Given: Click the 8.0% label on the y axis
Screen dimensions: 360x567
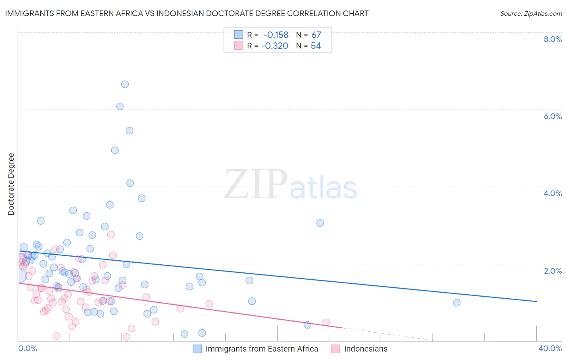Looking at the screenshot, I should (x=552, y=39).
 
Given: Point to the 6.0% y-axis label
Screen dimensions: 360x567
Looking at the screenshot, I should (x=552, y=116).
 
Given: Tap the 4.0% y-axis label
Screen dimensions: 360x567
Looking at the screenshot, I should (x=552, y=193).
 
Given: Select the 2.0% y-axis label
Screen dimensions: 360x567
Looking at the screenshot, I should (x=552, y=271).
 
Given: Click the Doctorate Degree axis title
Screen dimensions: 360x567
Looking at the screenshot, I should (x=11, y=184).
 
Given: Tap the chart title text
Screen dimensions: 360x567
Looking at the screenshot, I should (x=187, y=13).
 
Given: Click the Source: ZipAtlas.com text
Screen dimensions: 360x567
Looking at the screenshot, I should (x=531, y=14).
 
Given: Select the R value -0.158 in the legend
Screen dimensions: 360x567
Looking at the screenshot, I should (x=276, y=35).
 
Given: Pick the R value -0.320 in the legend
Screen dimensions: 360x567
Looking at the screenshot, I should (x=275, y=46).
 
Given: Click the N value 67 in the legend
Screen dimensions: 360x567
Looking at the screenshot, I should (x=316, y=35).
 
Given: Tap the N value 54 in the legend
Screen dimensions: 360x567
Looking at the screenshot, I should (x=316, y=46).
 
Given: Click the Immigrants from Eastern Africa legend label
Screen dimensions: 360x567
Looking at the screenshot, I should (x=262, y=349).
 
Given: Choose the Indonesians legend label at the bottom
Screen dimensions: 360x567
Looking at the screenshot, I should (x=365, y=349).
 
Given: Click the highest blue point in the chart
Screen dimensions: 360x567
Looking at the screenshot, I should (x=125, y=84).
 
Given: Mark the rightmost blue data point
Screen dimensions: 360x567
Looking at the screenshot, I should (x=457, y=303).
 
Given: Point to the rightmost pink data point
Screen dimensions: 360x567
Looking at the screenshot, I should (x=326, y=322).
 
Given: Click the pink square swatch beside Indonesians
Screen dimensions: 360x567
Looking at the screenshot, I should (x=335, y=349).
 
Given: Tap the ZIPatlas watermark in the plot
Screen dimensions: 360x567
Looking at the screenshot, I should (x=290, y=185).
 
